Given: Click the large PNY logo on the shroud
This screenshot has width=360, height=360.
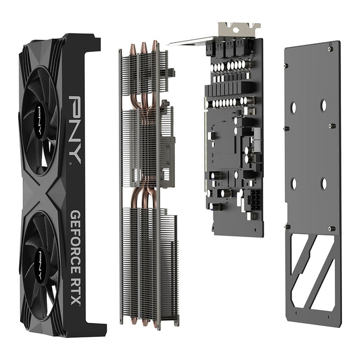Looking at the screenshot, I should pos(75,129).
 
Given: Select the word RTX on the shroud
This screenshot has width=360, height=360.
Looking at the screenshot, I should pos(76,291).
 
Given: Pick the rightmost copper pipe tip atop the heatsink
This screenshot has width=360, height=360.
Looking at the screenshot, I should pos(154,45).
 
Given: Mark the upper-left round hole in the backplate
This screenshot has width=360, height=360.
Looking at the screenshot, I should pos(293,107).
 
